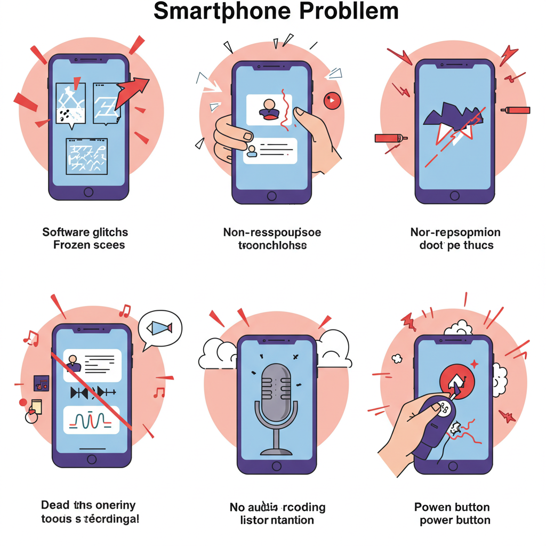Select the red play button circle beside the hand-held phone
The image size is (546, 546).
332,100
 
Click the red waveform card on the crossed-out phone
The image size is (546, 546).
91,420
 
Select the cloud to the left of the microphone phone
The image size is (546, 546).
219,354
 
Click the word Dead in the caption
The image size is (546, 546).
55,504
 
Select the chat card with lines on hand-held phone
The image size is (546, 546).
270,150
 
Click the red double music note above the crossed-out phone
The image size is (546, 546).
125,310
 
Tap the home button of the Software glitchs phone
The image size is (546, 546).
89,191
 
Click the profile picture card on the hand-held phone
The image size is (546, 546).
269,110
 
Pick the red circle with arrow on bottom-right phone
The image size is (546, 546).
456,380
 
